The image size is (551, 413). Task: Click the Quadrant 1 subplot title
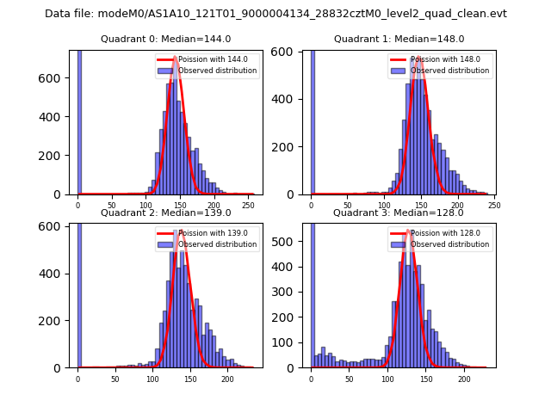[399, 39]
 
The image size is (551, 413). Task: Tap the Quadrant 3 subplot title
[399, 213]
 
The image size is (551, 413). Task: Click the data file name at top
[275, 14]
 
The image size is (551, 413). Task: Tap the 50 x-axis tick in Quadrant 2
[115, 379]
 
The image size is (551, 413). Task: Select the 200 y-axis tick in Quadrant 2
[55, 321]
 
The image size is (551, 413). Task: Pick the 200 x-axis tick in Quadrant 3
[464, 379]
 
